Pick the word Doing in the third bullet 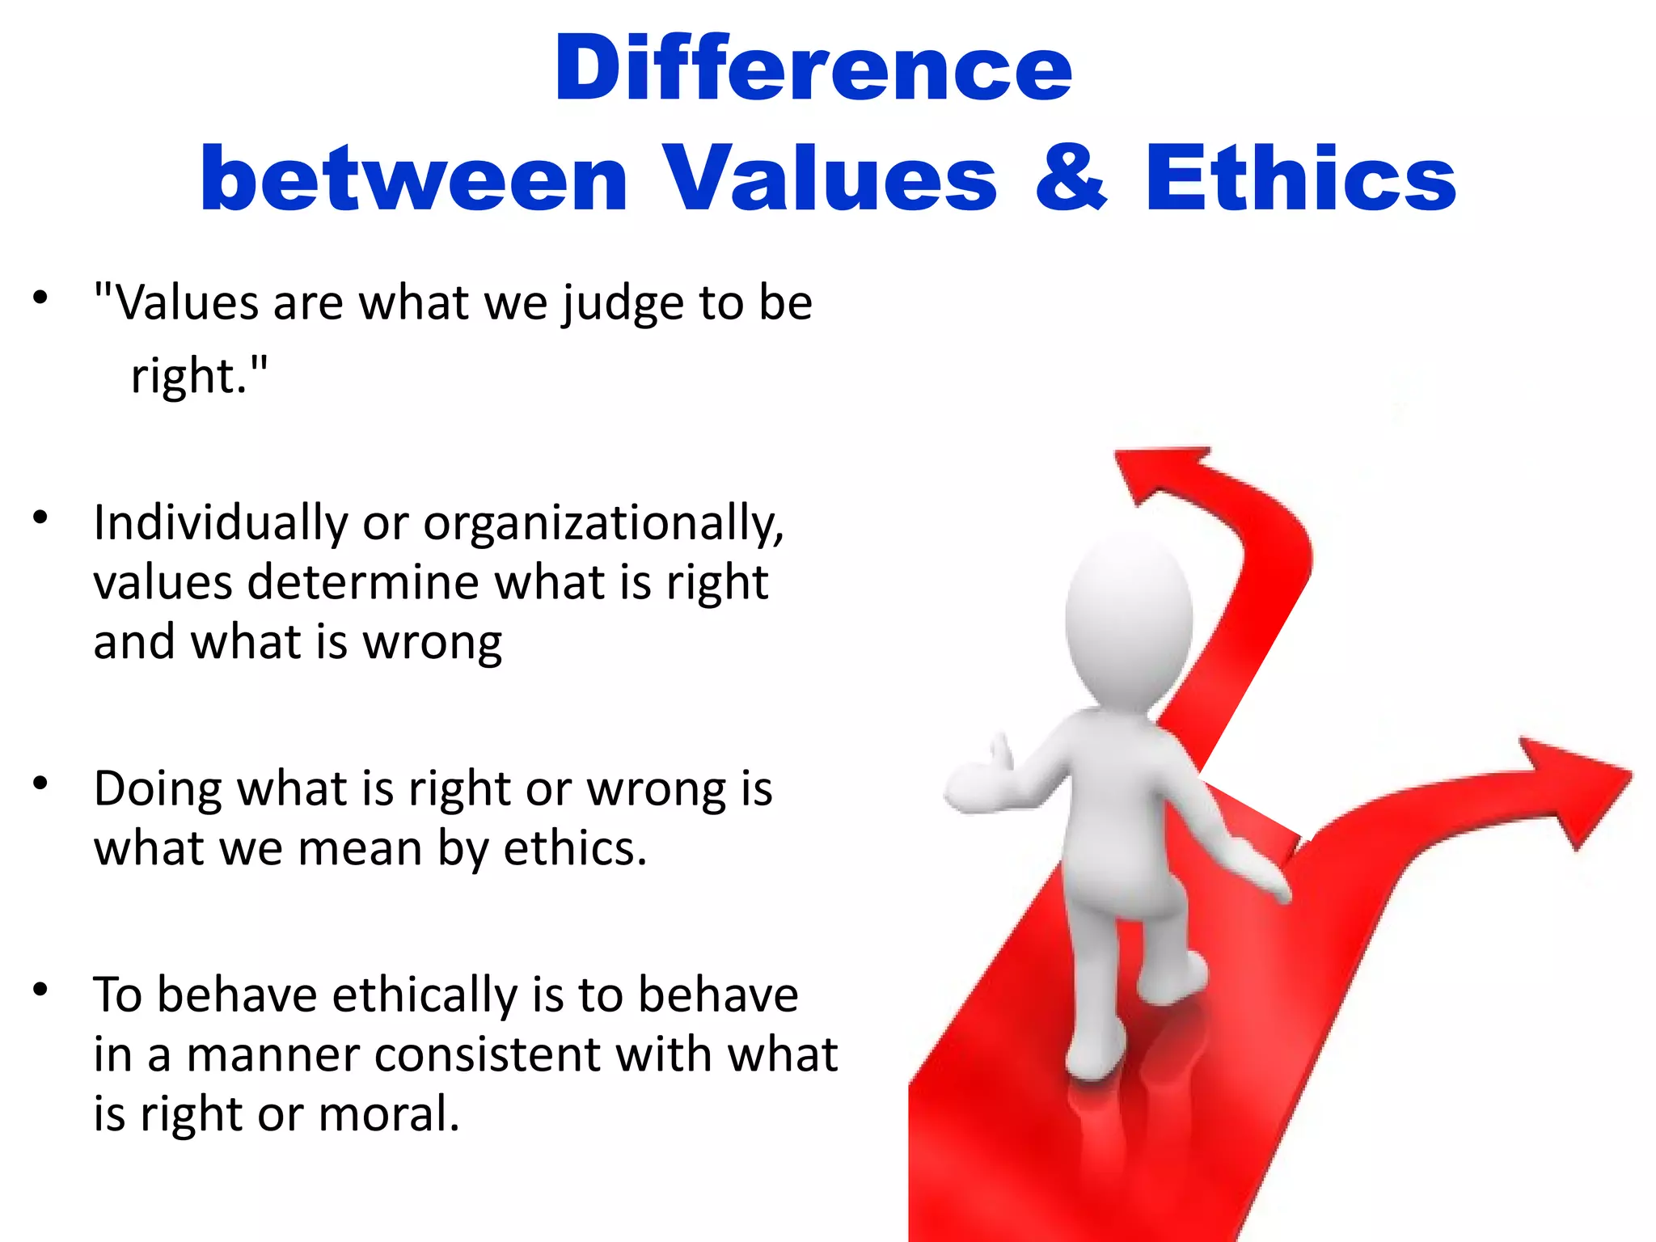click(x=156, y=790)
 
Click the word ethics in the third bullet click(x=575, y=849)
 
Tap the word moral click(x=388, y=1114)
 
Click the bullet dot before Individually click(x=40, y=517)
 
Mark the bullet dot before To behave click(x=40, y=989)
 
